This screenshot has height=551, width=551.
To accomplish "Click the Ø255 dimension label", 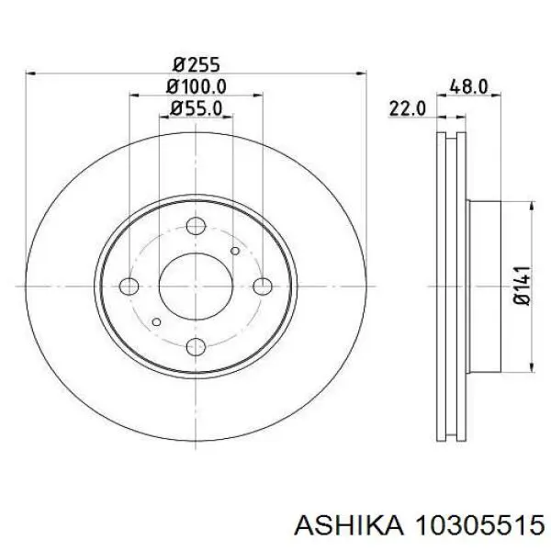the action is tap(197, 64).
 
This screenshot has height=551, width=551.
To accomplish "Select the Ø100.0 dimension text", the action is tap(197, 86).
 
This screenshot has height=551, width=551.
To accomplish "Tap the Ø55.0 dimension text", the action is tap(197, 108).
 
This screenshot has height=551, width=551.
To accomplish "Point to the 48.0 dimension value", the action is tap(468, 86).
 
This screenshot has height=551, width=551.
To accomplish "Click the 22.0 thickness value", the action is tap(407, 108).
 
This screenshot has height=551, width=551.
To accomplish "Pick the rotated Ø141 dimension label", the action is tap(522, 286).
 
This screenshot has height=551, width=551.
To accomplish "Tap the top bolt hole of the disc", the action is tap(196, 226).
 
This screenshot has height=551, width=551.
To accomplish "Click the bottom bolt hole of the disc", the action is tap(196, 347).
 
